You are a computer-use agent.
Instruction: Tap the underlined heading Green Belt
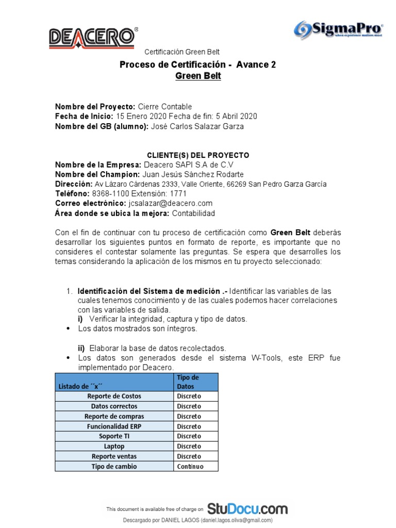(198, 76)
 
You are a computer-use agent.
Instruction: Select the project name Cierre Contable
(165, 107)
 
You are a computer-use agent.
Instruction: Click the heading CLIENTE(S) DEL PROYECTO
(198, 155)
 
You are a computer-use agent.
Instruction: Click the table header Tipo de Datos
(195, 382)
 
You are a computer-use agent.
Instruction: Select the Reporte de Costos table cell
(114, 396)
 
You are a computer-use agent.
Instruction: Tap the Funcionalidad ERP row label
(114, 426)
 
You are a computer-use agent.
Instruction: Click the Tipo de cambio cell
(114, 467)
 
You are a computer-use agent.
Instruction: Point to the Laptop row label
(114, 447)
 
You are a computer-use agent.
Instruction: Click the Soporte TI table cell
(114, 436)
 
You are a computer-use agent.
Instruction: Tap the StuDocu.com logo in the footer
(247, 508)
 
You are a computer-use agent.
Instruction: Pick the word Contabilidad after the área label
(193, 213)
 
